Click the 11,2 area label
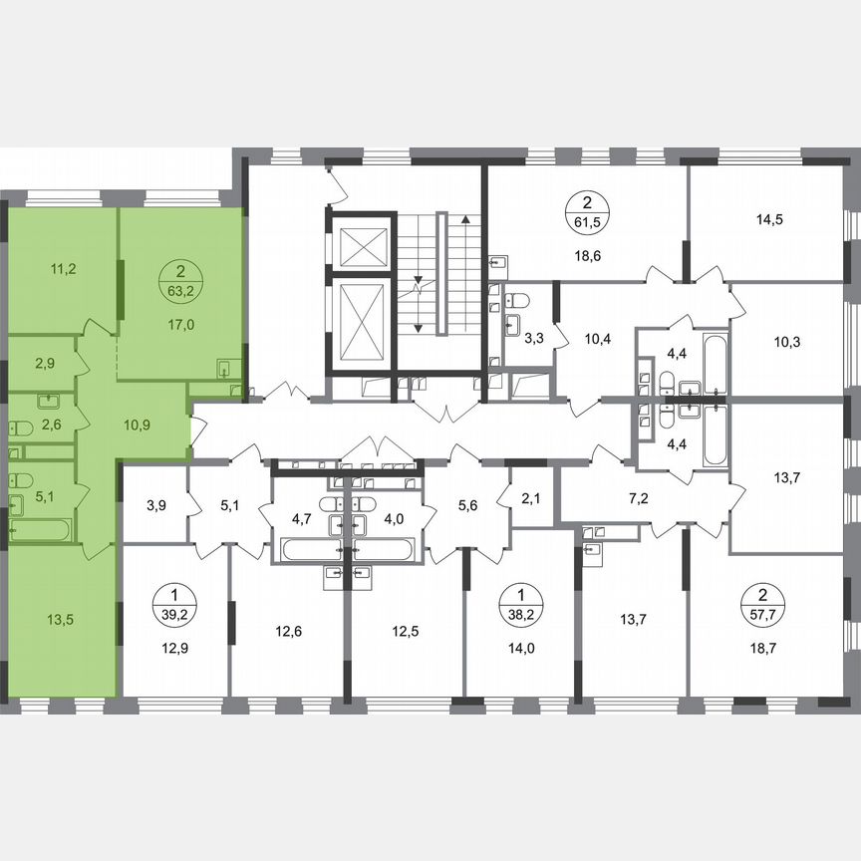tap(65, 267)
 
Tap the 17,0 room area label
tap(179, 323)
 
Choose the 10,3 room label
tap(787, 342)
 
